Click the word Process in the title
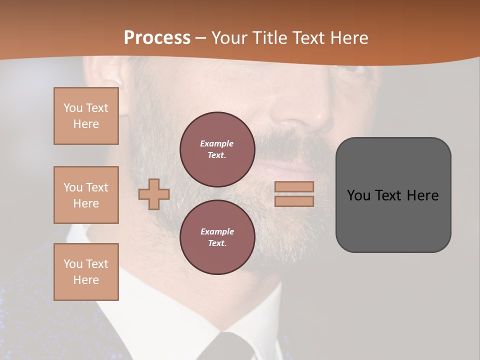(x=157, y=37)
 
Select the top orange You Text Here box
(x=86, y=116)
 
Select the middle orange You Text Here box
(x=86, y=195)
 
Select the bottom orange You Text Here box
(x=86, y=271)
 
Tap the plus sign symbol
(x=153, y=193)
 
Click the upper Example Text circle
(x=217, y=149)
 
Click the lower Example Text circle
(x=217, y=237)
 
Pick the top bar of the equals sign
(x=294, y=186)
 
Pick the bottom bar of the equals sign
(x=294, y=201)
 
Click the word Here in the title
(x=349, y=37)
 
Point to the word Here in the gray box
(x=422, y=195)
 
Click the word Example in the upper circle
(x=216, y=143)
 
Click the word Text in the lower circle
(x=216, y=243)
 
